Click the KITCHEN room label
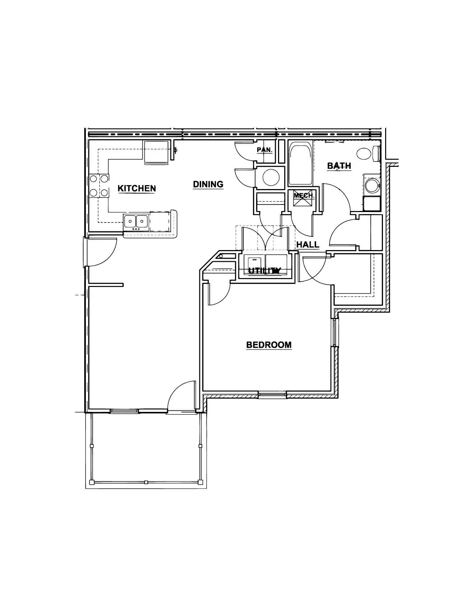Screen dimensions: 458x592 (x=137, y=188)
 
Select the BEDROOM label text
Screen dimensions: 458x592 (x=269, y=345)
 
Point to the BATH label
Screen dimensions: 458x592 (x=339, y=166)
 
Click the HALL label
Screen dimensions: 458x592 (x=308, y=245)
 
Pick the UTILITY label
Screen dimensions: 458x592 (x=264, y=271)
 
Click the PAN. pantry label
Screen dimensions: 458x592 (x=265, y=150)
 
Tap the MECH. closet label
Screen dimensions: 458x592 (x=304, y=195)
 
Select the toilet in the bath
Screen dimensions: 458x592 (x=368, y=153)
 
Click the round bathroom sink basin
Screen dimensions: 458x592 (x=371, y=185)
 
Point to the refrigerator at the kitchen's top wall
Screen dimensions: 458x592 (x=156, y=152)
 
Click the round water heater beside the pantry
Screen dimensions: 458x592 (x=271, y=178)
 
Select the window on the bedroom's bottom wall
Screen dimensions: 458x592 (x=272, y=394)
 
